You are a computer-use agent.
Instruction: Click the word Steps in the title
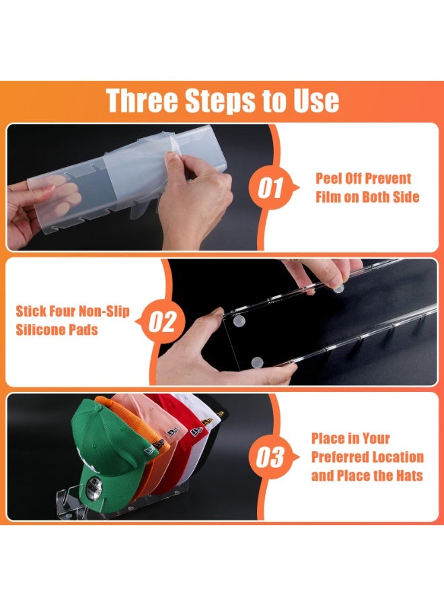pos(219,100)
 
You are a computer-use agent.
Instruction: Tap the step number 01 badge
pos(271,188)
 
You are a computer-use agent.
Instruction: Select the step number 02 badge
pos(163,322)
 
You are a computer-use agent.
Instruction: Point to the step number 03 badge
pos(270,457)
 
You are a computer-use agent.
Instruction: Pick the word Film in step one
pos(328,197)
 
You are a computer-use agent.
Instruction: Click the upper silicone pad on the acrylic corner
pos(239,320)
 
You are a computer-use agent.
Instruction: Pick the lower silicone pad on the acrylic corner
pos(257,362)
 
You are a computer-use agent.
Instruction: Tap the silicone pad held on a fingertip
pos(338,288)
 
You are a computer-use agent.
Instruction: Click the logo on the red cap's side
pos(196,432)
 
